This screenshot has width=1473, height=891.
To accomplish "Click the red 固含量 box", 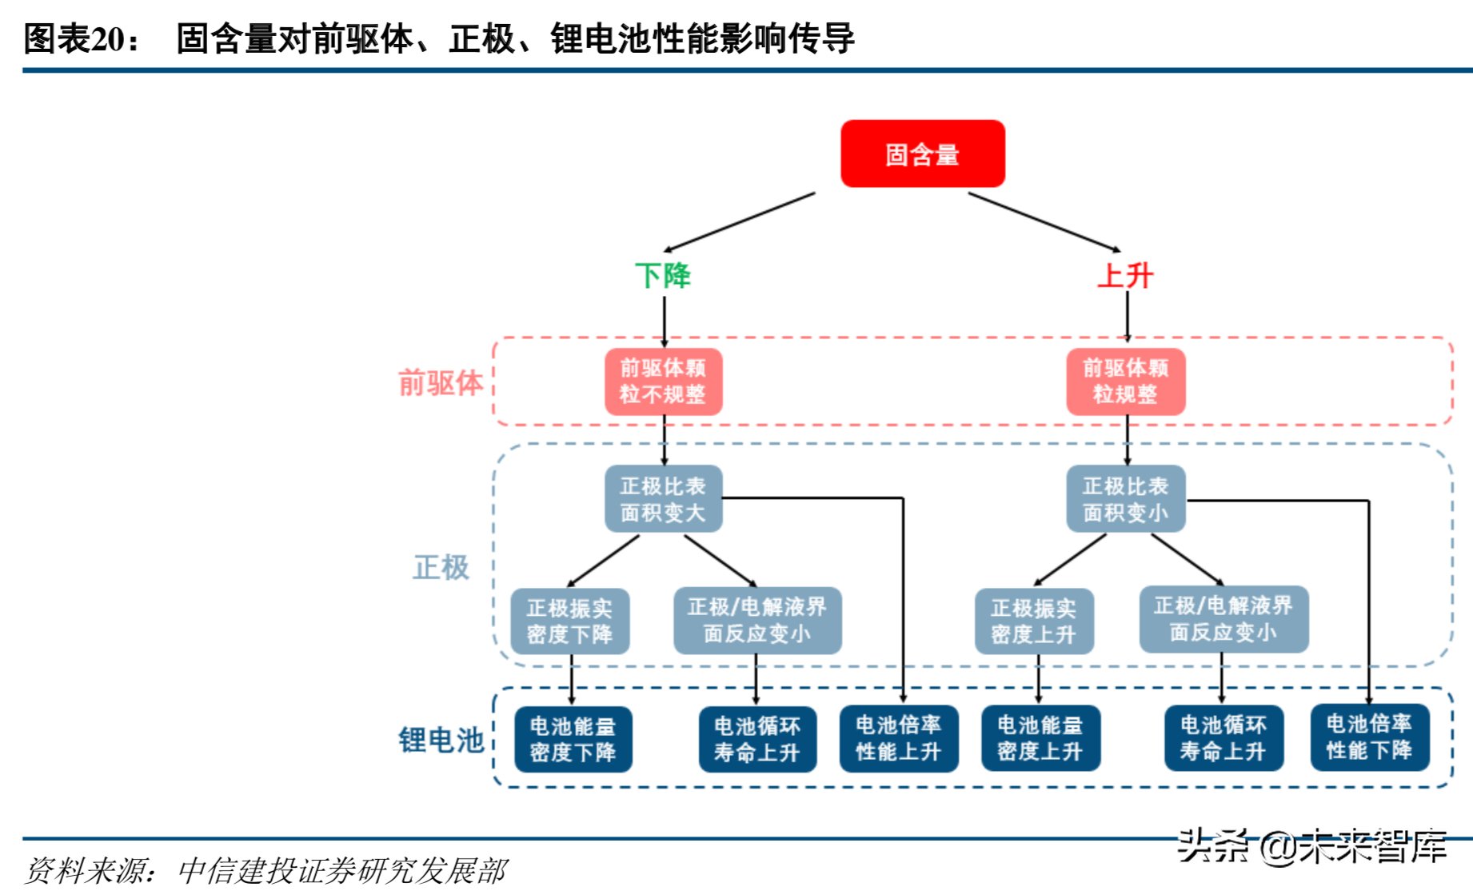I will pyautogui.click(x=922, y=154).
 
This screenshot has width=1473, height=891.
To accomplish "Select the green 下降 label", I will pyautogui.click(x=662, y=276).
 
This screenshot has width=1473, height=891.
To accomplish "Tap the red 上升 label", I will pyautogui.click(x=1125, y=276).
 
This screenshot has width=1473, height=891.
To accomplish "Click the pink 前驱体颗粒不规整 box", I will pyautogui.click(x=663, y=382).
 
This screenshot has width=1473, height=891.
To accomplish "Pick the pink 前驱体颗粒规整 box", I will pyautogui.click(x=1125, y=382).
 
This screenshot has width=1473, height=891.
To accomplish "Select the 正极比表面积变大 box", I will pyautogui.click(x=663, y=499).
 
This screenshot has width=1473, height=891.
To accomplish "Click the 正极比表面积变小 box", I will pyautogui.click(x=1125, y=499).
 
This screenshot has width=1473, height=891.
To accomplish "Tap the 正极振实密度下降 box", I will pyautogui.click(x=569, y=621).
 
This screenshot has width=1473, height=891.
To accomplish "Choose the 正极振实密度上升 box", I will pyautogui.click(x=1033, y=621).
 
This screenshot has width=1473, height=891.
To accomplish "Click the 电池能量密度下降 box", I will pyautogui.click(x=573, y=739).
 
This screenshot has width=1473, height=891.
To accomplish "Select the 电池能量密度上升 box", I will pyautogui.click(x=1040, y=738).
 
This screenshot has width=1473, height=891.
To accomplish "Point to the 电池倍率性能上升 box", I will pyautogui.click(x=898, y=738).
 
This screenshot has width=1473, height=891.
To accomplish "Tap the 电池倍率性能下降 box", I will pyautogui.click(x=1369, y=737).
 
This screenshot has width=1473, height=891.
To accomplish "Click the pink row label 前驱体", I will pyautogui.click(x=441, y=383).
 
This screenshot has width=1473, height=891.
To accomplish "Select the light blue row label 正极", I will pyautogui.click(x=441, y=567).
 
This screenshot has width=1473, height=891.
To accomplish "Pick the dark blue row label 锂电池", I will pyautogui.click(x=441, y=740).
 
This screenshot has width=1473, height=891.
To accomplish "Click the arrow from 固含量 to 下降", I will pyautogui.click(x=740, y=222).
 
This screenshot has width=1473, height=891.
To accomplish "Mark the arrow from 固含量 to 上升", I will pyautogui.click(x=1044, y=222).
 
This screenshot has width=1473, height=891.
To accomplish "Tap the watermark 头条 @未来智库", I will pyautogui.click(x=1311, y=846).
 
